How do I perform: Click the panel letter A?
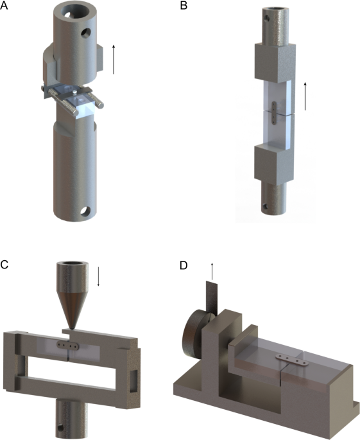point(4,5)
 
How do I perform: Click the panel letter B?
point(184,5)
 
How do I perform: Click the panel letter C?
point(4,265)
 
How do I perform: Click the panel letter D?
point(184,265)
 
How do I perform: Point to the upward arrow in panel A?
point(114,59)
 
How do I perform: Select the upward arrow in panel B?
point(305,96)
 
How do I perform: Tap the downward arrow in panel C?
point(98,277)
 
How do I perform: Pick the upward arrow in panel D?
point(212,271)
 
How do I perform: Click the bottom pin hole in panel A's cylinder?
point(85,211)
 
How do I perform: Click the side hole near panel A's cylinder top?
point(85,33)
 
